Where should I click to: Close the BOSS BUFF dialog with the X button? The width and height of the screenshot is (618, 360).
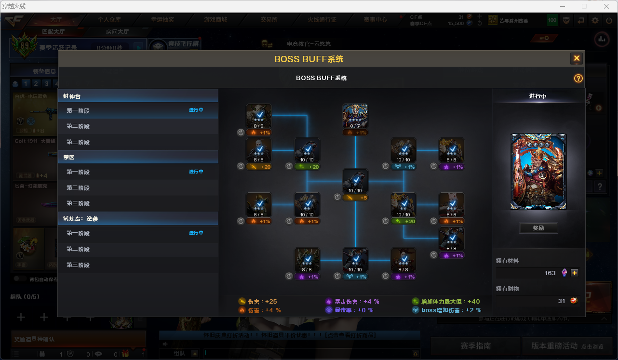pyautogui.click(x=576, y=59)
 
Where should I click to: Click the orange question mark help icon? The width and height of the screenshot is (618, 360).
pyautogui.click(x=578, y=79)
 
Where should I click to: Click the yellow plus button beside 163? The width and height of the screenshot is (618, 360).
pyautogui.click(x=574, y=273)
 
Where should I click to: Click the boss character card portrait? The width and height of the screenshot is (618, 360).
pyautogui.click(x=538, y=172)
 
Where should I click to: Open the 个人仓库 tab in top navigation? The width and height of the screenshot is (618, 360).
pyautogui.click(x=109, y=20)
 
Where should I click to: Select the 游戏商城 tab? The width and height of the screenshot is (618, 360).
pyautogui.click(x=215, y=20)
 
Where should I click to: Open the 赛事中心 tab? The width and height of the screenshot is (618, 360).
pyautogui.click(x=376, y=20)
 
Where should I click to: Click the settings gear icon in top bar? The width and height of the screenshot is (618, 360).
pyautogui.click(x=595, y=20)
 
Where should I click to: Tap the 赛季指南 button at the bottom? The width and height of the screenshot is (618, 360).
pyautogui.click(x=475, y=346)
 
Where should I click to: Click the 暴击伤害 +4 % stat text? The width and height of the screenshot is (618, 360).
pyautogui.click(x=353, y=302)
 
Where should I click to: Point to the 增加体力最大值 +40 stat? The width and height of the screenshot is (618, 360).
pyautogui.click(x=446, y=302)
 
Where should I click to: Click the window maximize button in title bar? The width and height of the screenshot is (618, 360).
pyautogui.click(x=584, y=6)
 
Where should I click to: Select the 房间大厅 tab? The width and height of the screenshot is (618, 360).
pyautogui.click(x=117, y=32)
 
